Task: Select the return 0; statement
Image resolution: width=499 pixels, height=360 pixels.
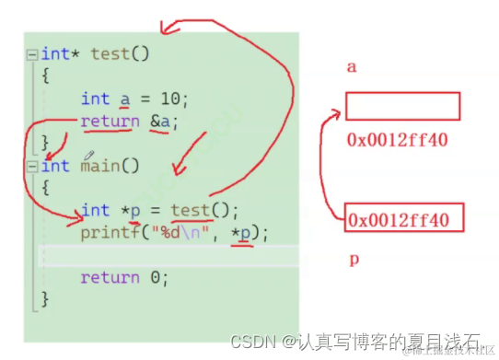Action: [124, 276]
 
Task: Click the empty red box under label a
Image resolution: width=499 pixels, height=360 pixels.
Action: [402, 107]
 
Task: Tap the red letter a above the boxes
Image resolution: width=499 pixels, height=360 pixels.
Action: [352, 67]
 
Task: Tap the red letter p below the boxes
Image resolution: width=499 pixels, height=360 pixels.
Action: [353, 260]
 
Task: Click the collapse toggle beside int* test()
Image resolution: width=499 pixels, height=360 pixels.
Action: [32, 53]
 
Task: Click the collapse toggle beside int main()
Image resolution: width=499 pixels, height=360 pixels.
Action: [32, 167]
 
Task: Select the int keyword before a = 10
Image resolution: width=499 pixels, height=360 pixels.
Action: [95, 99]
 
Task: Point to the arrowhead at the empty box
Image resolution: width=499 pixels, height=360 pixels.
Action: [335, 112]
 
